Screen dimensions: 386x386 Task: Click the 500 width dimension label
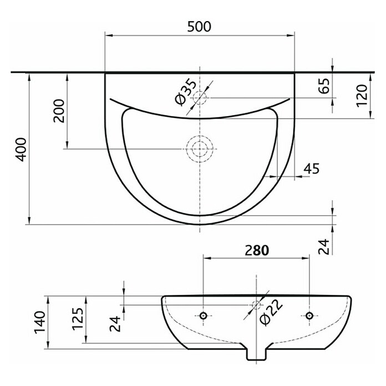pos(199,27)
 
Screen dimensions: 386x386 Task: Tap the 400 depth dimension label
pos(21,150)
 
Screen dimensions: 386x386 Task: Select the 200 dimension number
pos(59,111)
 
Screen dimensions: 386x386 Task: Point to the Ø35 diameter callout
pos(186,92)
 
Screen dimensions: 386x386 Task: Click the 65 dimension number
pos(324,85)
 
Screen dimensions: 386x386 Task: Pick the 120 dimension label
pos(362,96)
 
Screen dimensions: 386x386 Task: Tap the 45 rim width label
pos(312,169)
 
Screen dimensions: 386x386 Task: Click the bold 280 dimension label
pos(257,250)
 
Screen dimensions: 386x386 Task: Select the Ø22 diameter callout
pos(272,313)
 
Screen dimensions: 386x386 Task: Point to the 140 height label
pos(40,322)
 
